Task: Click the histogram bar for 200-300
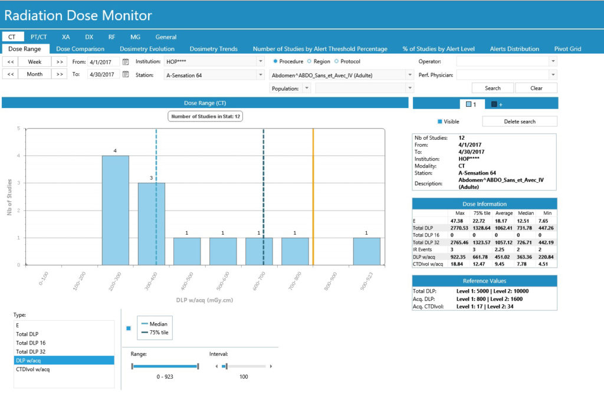click(x=115, y=211)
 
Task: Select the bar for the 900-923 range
click(x=367, y=251)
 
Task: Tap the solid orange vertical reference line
click(x=313, y=197)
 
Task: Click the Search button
click(x=493, y=88)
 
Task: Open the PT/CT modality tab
click(x=38, y=37)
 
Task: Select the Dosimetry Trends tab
click(x=214, y=49)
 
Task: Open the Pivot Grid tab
click(x=567, y=49)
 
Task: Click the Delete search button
click(x=520, y=122)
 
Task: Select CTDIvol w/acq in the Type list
click(x=33, y=369)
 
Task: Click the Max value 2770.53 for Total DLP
click(x=459, y=228)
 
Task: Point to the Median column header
click(x=526, y=213)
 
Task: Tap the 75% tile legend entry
click(x=155, y=333)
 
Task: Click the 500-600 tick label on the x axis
click(x=223, y=281)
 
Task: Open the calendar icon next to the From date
click(x=126, y=61)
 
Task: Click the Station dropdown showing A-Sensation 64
click(x=214, y=75)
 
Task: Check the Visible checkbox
click(x=440, y=122)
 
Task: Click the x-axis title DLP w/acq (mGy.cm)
click(x=205, y=300)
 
